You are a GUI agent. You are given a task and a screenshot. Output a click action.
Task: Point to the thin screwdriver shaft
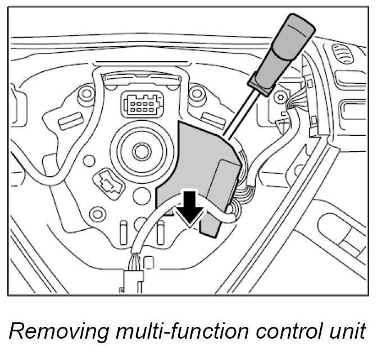click(239, 112)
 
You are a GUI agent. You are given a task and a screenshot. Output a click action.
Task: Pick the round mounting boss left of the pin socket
click(86, 94)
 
